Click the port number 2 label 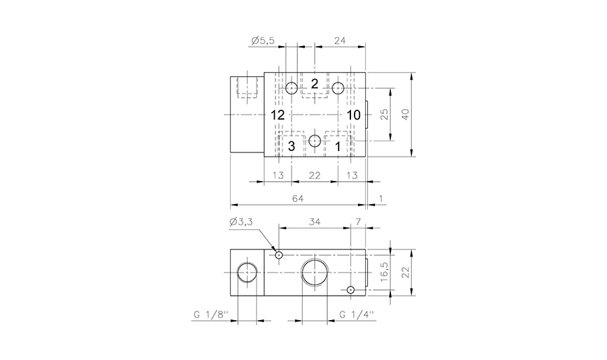coord(315,84)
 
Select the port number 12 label coord(278,115)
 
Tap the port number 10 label coord(352,115)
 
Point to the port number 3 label coord(292,146)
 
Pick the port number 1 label coord(338,146)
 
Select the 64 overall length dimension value coord(298,199)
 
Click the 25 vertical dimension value coord(384,115)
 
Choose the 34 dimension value coord(314,222)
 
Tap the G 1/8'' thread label coord(208,315)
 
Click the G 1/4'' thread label coord(356,315)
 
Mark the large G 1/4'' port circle coord(314,271)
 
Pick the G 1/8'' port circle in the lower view coord(246,271)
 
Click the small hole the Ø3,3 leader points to coord(278,255)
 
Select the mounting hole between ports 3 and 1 coord(315,141)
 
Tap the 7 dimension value coord(358,222)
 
